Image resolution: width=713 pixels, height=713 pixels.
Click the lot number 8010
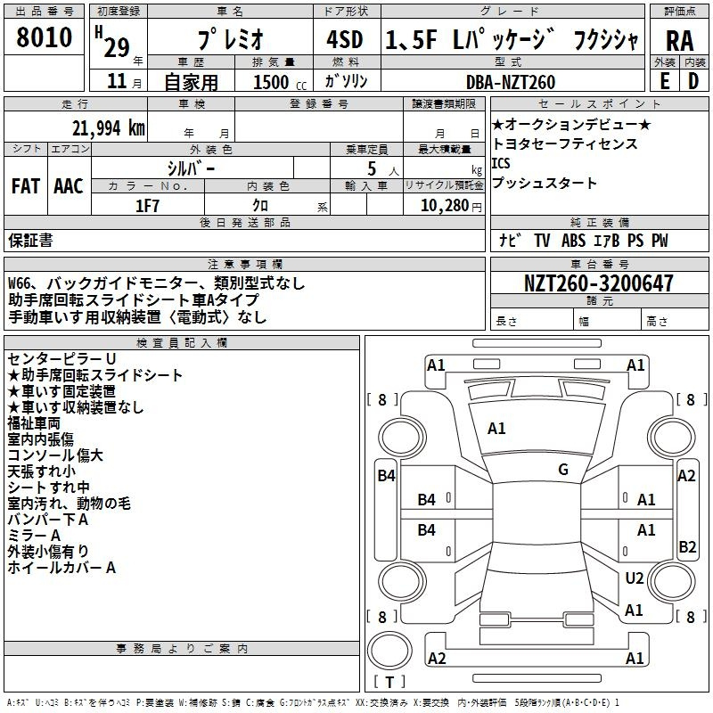click(44, 37)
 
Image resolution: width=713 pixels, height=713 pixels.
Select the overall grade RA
click(680, 41)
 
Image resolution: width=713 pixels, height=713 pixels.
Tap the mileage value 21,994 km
click(109, 128)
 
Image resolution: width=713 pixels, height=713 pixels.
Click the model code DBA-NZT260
click(511, 82)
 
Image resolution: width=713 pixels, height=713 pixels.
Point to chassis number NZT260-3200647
click(598, 283)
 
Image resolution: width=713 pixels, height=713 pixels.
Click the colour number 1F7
click(147, 206)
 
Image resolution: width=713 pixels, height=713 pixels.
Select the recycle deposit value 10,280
click(445, 206)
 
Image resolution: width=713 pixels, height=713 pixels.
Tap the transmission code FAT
click(26, 186)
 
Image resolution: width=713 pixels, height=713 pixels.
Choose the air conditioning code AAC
click(69, 186)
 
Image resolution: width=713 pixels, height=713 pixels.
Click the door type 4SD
click(345, 39)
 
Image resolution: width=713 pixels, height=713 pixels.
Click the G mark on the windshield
click(563, 470)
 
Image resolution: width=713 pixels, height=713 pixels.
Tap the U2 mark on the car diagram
click(635, 578)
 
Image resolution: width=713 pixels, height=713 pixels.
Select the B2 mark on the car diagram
click(687, 546)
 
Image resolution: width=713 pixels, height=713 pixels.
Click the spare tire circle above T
click(389, 651)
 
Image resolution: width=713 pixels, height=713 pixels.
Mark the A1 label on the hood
click(496, 429)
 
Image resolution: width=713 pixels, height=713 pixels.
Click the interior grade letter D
click(693, 81)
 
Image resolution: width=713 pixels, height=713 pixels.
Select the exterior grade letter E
click(665, 81)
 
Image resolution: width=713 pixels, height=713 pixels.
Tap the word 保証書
click(30, 240)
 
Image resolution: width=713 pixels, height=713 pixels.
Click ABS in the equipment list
click(573, 240)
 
